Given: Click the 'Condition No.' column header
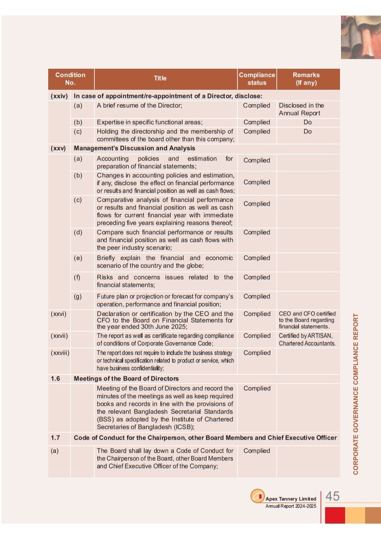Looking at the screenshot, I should pos(70,78).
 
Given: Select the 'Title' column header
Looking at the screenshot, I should pos(160,78).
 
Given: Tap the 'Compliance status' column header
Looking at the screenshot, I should pos(256,78).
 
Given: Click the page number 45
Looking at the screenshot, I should pos(333,496).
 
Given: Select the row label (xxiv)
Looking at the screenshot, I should pos(59,96).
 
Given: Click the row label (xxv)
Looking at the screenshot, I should pos(59,149).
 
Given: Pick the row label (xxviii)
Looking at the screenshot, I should pos(59,353).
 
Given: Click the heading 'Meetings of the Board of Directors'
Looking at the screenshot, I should pos(126,379).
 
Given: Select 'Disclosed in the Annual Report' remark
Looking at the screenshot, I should pos(302,109).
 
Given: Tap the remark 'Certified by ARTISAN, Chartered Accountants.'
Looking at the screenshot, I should pos(307,340).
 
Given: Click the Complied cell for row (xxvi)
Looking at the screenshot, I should pos(256,314).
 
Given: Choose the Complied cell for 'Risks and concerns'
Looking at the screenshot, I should pos(256,277).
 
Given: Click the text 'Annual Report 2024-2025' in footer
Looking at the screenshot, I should pos(291,506).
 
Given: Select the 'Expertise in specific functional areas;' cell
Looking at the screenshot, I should pos(150,123).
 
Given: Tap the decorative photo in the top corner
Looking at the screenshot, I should pos(360,37).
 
